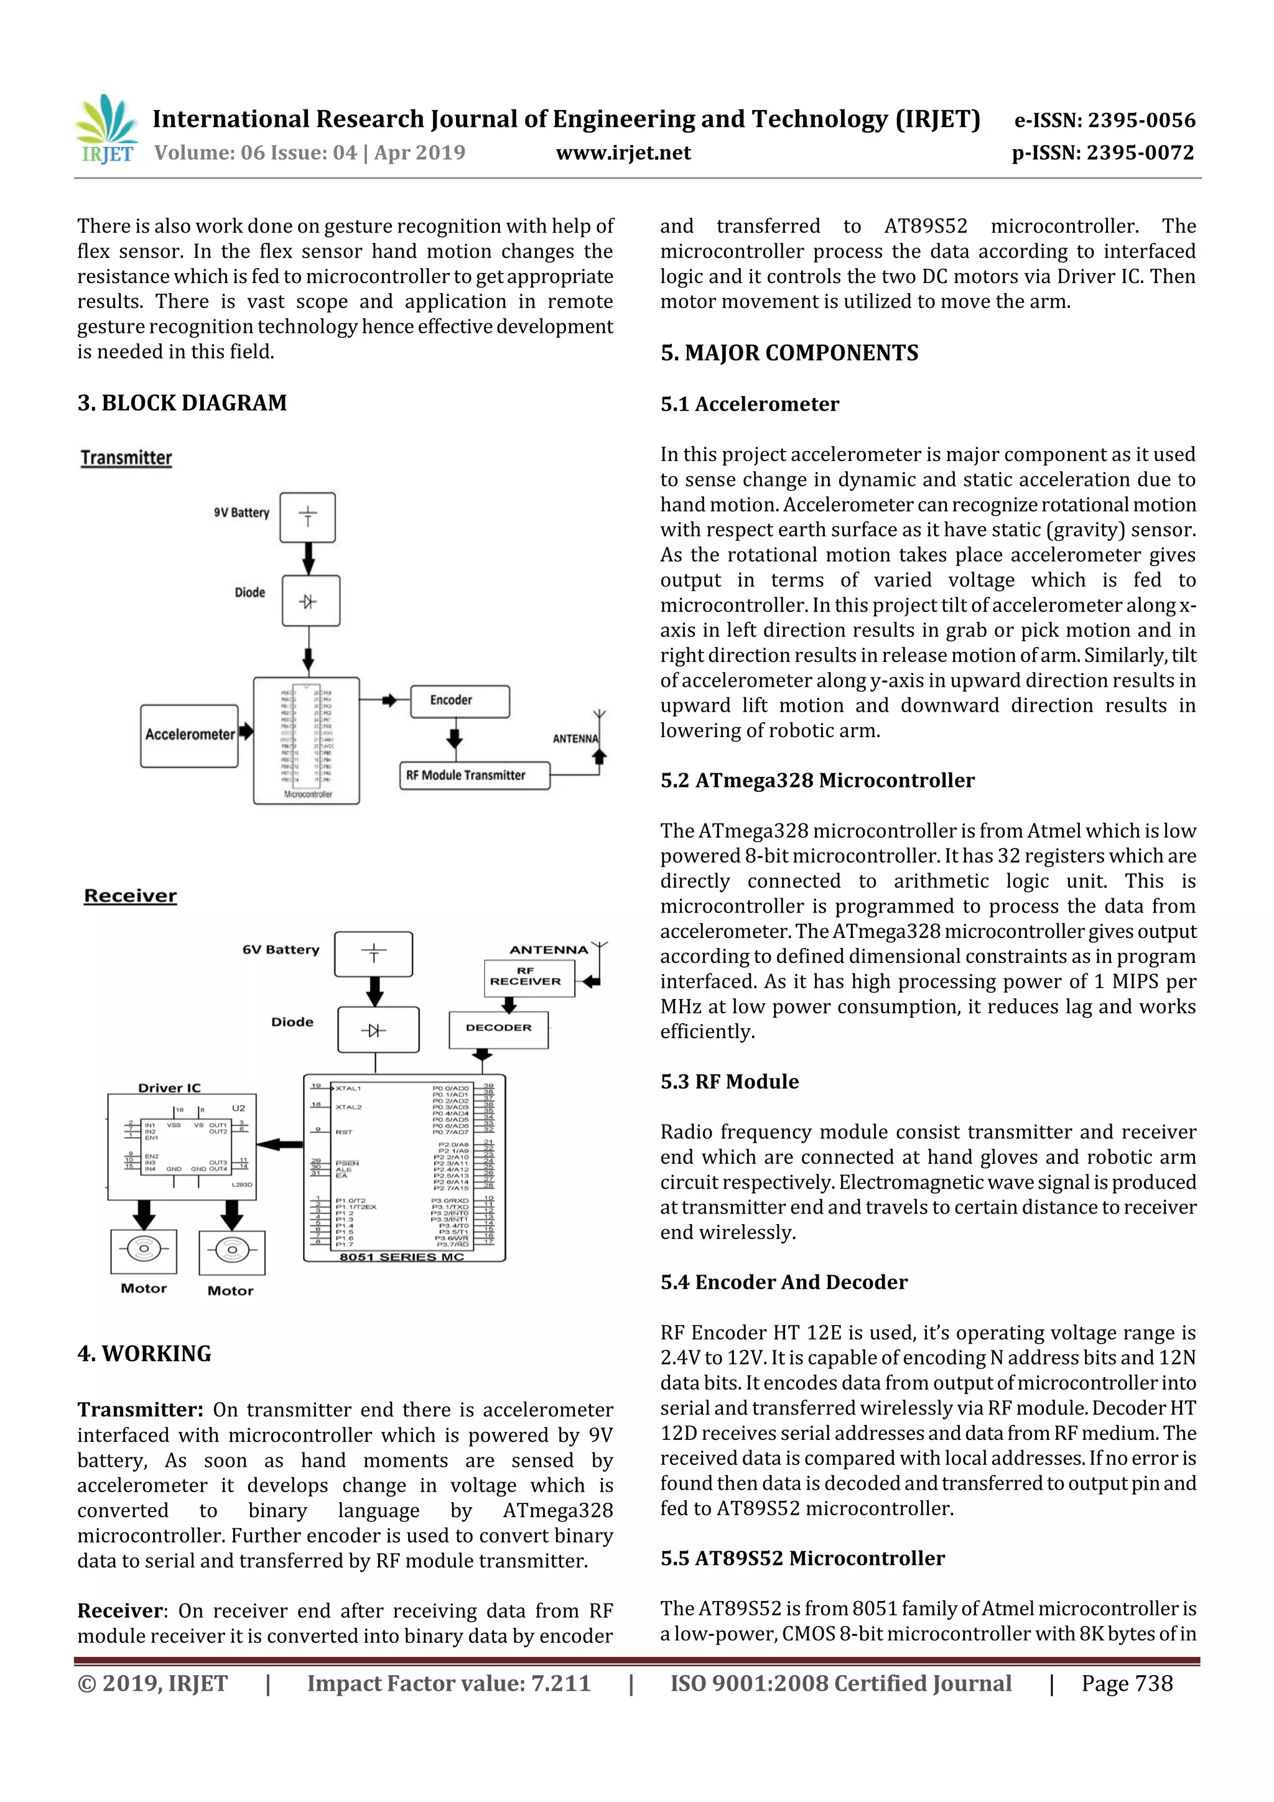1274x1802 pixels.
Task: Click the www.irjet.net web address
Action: (623, 153)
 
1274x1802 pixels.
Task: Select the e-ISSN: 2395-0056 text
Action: (1104, 120)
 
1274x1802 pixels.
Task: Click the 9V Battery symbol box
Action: (308, 517)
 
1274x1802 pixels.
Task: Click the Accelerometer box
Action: (189, 735)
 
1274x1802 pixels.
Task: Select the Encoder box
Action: (459, 701)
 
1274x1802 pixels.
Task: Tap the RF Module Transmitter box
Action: (474, 776)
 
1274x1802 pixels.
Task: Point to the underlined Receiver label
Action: (130, 896)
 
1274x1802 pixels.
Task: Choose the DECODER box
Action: (498, 1029)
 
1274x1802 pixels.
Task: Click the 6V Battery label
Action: (281, 950)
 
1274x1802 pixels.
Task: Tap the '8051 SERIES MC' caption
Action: (402, 1256)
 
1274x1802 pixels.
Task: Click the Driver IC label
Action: (170, 1088)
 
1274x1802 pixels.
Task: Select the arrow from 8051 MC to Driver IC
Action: (279, 1145)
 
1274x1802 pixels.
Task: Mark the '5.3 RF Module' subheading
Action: (729, 1082)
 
